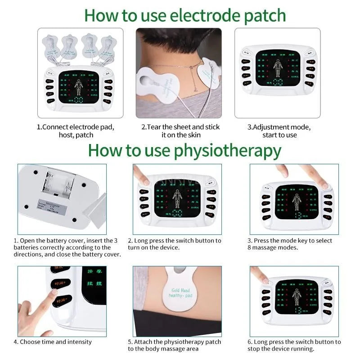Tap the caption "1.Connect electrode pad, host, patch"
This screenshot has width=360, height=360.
(76, 131)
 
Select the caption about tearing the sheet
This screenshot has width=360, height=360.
(180, 131)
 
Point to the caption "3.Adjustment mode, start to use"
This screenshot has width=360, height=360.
(279, 131)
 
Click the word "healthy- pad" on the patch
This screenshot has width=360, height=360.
(182, 296)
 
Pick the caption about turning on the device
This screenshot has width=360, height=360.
(175, 244)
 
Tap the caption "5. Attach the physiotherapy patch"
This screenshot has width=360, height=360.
(175, 345)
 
